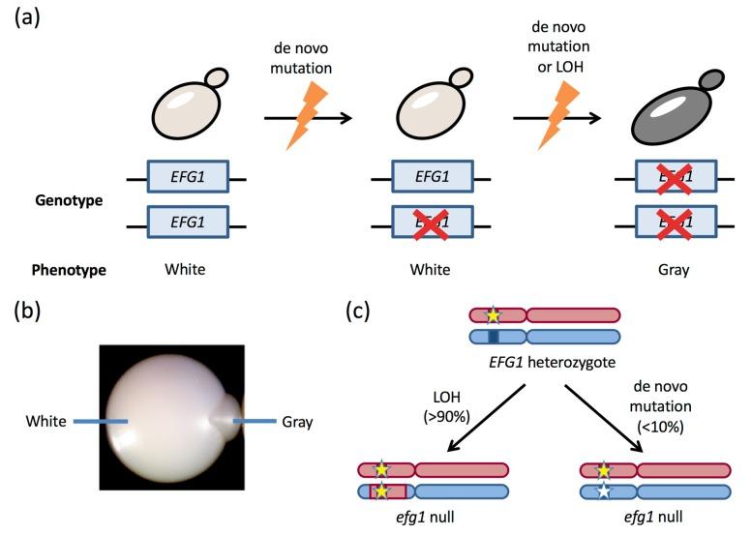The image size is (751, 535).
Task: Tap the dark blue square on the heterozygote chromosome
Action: pos(494,337)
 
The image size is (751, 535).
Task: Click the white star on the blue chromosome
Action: pos(604,491)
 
